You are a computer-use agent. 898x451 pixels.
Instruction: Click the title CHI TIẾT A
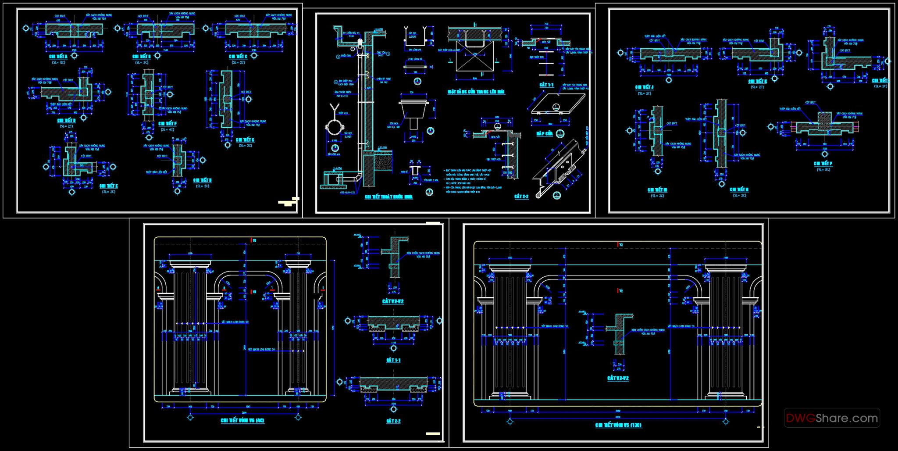tap(58, 57)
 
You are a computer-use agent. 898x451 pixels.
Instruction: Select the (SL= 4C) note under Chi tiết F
tap(167, 129)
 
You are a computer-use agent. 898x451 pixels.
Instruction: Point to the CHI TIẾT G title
tap(245, 140)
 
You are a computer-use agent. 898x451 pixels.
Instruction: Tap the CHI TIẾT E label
tap(109, 186)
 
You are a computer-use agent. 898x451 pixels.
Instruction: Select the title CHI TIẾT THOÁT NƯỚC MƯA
tap(389, 197)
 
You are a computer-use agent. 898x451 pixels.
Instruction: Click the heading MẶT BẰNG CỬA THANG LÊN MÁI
tap(476, 92)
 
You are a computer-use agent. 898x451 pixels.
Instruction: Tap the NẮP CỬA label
tap(545, 133)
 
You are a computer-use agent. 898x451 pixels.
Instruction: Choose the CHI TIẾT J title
tap(644, 87)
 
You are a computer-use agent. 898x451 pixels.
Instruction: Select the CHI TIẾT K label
tap(758, 81)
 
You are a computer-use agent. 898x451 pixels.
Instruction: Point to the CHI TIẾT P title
tap(823, 164)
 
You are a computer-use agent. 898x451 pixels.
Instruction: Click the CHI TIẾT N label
tap(739, 190)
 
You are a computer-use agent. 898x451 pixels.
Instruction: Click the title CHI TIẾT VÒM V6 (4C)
tap(242, 420)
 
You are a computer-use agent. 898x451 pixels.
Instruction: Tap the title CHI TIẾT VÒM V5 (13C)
tap(618, 425)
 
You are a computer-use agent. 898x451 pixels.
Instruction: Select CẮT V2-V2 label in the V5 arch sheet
tap(618, 378)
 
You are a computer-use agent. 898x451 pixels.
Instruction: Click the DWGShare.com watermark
tap(832, 418)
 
